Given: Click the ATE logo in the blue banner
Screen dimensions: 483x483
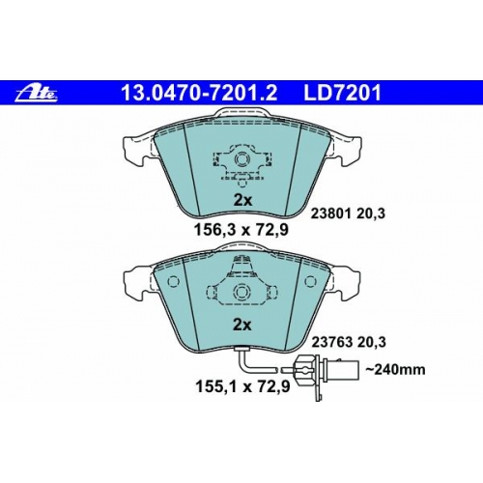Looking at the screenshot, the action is pos(37,93).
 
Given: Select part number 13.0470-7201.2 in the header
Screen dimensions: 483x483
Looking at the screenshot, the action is pos(199,93).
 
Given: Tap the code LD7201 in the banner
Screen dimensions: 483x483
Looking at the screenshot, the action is pos(342,93).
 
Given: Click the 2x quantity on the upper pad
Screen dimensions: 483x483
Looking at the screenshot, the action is pos(242,201).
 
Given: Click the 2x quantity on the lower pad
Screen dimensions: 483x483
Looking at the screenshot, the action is pos(242,326).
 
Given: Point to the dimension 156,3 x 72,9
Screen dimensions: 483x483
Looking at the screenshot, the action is pos(241,230).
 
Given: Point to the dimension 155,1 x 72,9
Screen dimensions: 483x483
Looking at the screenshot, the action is pos(243,386).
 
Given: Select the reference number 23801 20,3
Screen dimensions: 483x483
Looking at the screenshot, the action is pos(348,213).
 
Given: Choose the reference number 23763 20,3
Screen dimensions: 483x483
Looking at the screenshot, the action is pos(348,342).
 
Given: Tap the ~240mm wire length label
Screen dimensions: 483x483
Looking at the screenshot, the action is pos(395,370).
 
